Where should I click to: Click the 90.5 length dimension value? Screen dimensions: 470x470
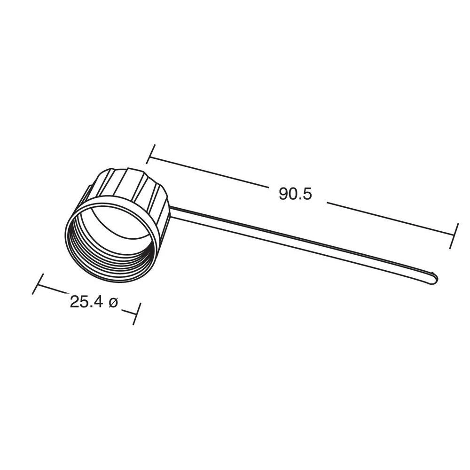(295, 194)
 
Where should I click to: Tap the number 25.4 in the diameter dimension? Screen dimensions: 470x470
(86, 302)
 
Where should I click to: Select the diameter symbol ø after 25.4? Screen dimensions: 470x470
(113, 302)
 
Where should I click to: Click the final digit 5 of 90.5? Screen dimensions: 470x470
(307, 194)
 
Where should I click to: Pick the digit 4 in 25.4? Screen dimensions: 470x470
(98, 302)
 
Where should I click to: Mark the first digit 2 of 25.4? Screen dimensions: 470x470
(75, 302)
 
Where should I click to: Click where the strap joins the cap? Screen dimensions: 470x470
(172, 211)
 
